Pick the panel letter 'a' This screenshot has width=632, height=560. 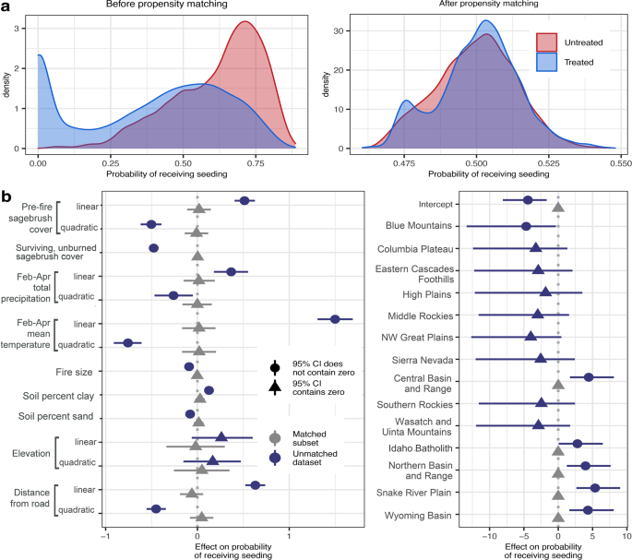point(6,6)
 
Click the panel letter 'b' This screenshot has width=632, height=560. point(6,196)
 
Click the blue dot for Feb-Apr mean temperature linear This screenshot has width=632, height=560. point(336,319)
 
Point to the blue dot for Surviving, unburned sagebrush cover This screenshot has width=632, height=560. point(154,248)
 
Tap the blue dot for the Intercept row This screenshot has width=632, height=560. point(528,200)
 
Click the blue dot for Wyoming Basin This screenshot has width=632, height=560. point(588,510)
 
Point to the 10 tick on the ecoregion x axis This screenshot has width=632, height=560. point(627,533)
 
